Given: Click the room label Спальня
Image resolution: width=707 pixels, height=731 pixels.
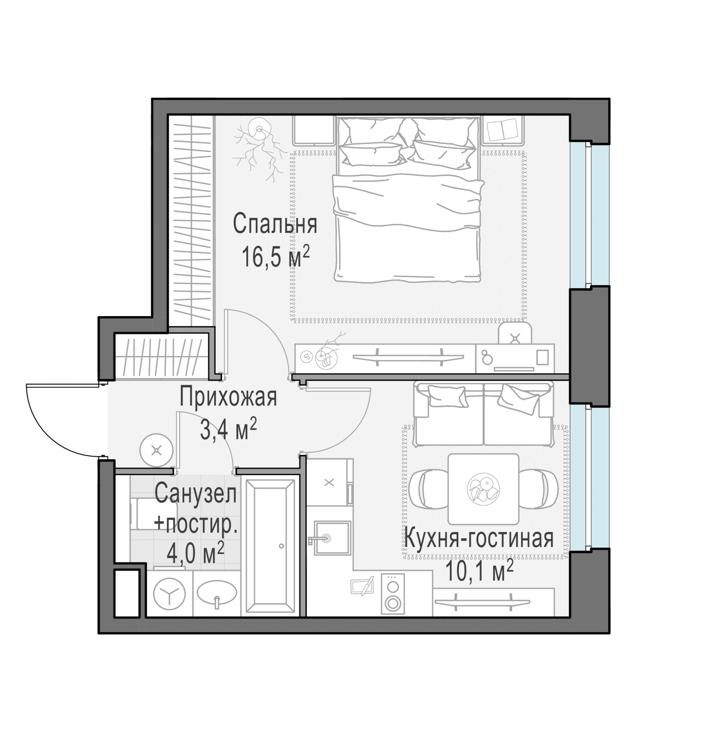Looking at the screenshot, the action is coord(275,224).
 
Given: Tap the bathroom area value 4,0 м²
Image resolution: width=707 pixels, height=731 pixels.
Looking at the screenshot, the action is coord(195,554).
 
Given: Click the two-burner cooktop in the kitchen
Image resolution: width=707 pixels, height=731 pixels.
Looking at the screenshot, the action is coord(392,594).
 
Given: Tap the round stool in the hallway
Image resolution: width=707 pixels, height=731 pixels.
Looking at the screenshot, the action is coord(156,450).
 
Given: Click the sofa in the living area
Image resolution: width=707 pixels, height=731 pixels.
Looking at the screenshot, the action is coord(483,413).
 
